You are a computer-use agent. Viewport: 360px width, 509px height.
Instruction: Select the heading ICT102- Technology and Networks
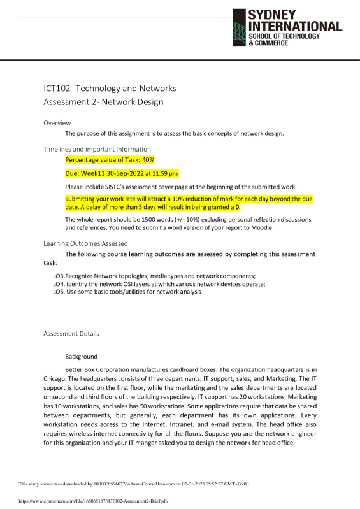(x=110, y=89)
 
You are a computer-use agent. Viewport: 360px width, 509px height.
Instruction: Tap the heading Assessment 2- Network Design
(x=103, y=102)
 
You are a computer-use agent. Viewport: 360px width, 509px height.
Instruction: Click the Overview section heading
(x=57, y=122)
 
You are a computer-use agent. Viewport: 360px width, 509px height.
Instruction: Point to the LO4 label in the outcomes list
(x=59, y=284)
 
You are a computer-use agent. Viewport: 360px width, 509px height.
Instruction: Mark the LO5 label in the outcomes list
(x=59, y=292)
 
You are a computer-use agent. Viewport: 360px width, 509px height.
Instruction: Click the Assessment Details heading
(x=71, y=334)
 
